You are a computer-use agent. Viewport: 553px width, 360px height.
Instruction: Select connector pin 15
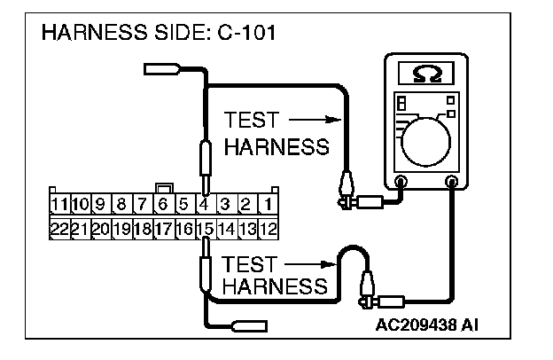[x=204, y=228]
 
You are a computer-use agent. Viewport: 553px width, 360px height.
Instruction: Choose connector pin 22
[x=60, y=228]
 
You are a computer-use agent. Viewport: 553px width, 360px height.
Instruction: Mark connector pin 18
[x=142, y=228]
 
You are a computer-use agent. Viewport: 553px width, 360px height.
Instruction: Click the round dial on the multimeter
[x=424, y=141]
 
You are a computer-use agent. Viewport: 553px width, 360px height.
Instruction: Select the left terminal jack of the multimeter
[x=401, y=183]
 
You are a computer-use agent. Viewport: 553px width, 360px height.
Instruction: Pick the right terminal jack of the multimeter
[x=452, y=183]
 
